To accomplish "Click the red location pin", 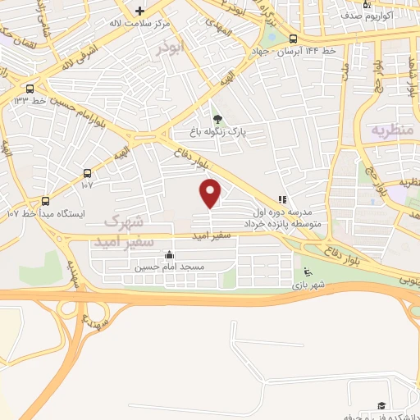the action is click(211, 193).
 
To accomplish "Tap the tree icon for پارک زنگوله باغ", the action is click(217, 120).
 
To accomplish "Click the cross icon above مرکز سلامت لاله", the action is click(140, 11).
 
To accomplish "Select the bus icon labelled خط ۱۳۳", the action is click(30, 89).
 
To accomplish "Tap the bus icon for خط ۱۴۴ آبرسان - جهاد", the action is click(293, 39).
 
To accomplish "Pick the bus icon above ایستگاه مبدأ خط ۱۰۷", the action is click(45, 200).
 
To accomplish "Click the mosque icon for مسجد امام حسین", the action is click(169, 254).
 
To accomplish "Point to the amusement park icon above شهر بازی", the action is click(307, 273).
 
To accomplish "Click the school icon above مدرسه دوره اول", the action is click(282, 199).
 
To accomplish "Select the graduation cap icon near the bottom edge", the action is click(380, 406).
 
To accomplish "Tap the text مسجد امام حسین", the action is click(170, 267).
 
